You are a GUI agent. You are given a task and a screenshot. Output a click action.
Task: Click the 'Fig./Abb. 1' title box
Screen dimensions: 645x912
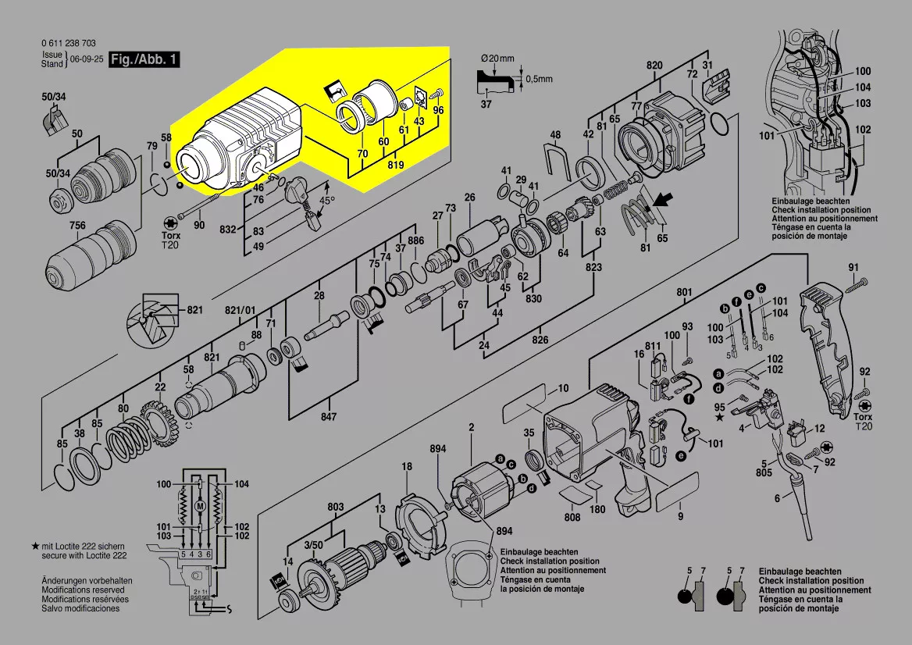[x=140, y=59]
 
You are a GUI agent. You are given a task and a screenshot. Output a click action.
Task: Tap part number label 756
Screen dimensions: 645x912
[x=77, y=226]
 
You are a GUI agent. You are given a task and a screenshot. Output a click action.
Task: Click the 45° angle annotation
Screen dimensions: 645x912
[x=327, y=200]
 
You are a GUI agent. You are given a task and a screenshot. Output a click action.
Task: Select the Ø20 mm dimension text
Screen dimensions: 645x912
[x=497, y=59]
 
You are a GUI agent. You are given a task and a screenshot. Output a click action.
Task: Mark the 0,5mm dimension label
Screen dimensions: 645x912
[x=539, y=79]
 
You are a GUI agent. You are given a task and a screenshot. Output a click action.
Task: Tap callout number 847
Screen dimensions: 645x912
[x=329, y=417]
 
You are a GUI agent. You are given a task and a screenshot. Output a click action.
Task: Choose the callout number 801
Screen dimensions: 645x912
[x=684, y=292]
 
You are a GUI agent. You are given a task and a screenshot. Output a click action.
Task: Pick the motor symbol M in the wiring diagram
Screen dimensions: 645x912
[x=200, y=506]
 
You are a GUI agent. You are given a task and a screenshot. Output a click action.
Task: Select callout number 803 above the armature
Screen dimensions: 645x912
[x=336, y=508]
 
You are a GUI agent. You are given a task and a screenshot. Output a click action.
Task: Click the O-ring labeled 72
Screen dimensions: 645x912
[x=720, y=122]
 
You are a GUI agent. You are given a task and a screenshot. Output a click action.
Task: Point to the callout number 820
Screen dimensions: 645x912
[x=654, y=65]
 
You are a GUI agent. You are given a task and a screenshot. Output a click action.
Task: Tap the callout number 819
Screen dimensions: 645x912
[x=396, y=165]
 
